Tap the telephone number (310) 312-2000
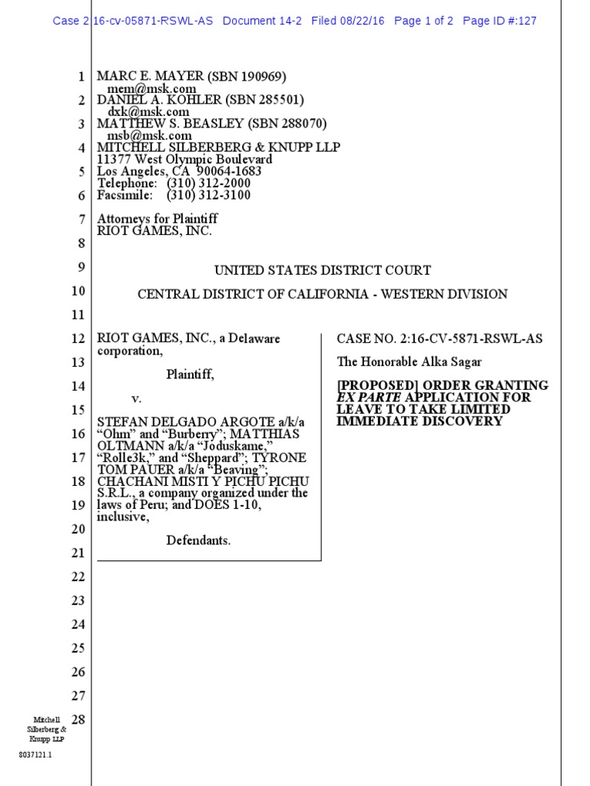click(x=204, y=183)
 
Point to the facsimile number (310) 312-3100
click(x=204, y=195)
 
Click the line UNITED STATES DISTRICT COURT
click(x=323, y=270)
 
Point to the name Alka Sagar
click(x=451, y=362)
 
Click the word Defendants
click(x=198, y=540)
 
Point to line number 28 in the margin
click(x=77, y=719)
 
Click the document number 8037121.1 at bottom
click(x=35, y=755)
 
